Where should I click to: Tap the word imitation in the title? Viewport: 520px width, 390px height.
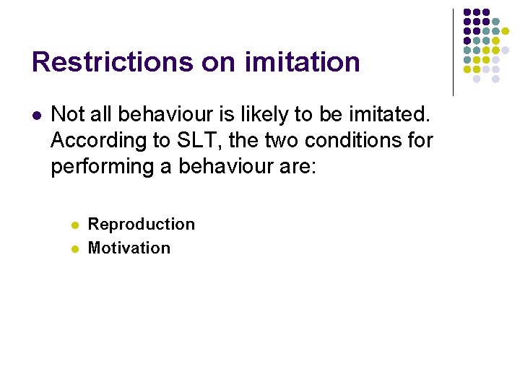(303, 62)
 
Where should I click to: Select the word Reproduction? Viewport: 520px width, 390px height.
(142, 225)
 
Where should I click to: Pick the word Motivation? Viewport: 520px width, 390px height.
(129, 248)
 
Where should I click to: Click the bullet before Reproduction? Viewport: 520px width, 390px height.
(74, 225)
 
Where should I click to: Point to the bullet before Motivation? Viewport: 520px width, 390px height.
(74, 248)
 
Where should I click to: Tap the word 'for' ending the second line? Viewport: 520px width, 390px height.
(420, 140)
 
